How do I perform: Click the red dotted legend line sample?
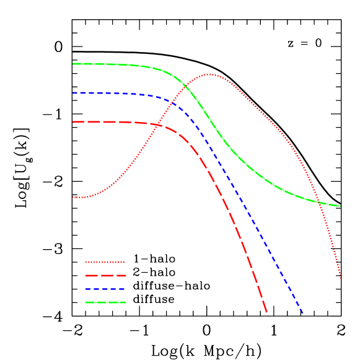click(105, 262)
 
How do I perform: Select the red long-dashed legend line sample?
click(105, 276)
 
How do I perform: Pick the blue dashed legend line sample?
click(105, 289)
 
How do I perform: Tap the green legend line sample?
click(105, 302)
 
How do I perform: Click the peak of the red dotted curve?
click(209, 74)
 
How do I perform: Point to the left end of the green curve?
click(73, 64)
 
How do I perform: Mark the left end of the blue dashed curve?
click(73, 93)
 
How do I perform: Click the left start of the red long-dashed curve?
click(73, 121)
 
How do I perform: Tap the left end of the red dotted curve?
click(73, 197)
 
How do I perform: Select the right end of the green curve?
click(340, 206)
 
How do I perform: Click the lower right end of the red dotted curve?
click(340, 278)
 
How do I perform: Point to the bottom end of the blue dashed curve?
click(302, 313)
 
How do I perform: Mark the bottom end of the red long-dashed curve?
click(266, 312)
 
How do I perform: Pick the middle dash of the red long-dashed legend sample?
click(105, 276)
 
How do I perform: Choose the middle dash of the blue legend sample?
click(105, 289)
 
